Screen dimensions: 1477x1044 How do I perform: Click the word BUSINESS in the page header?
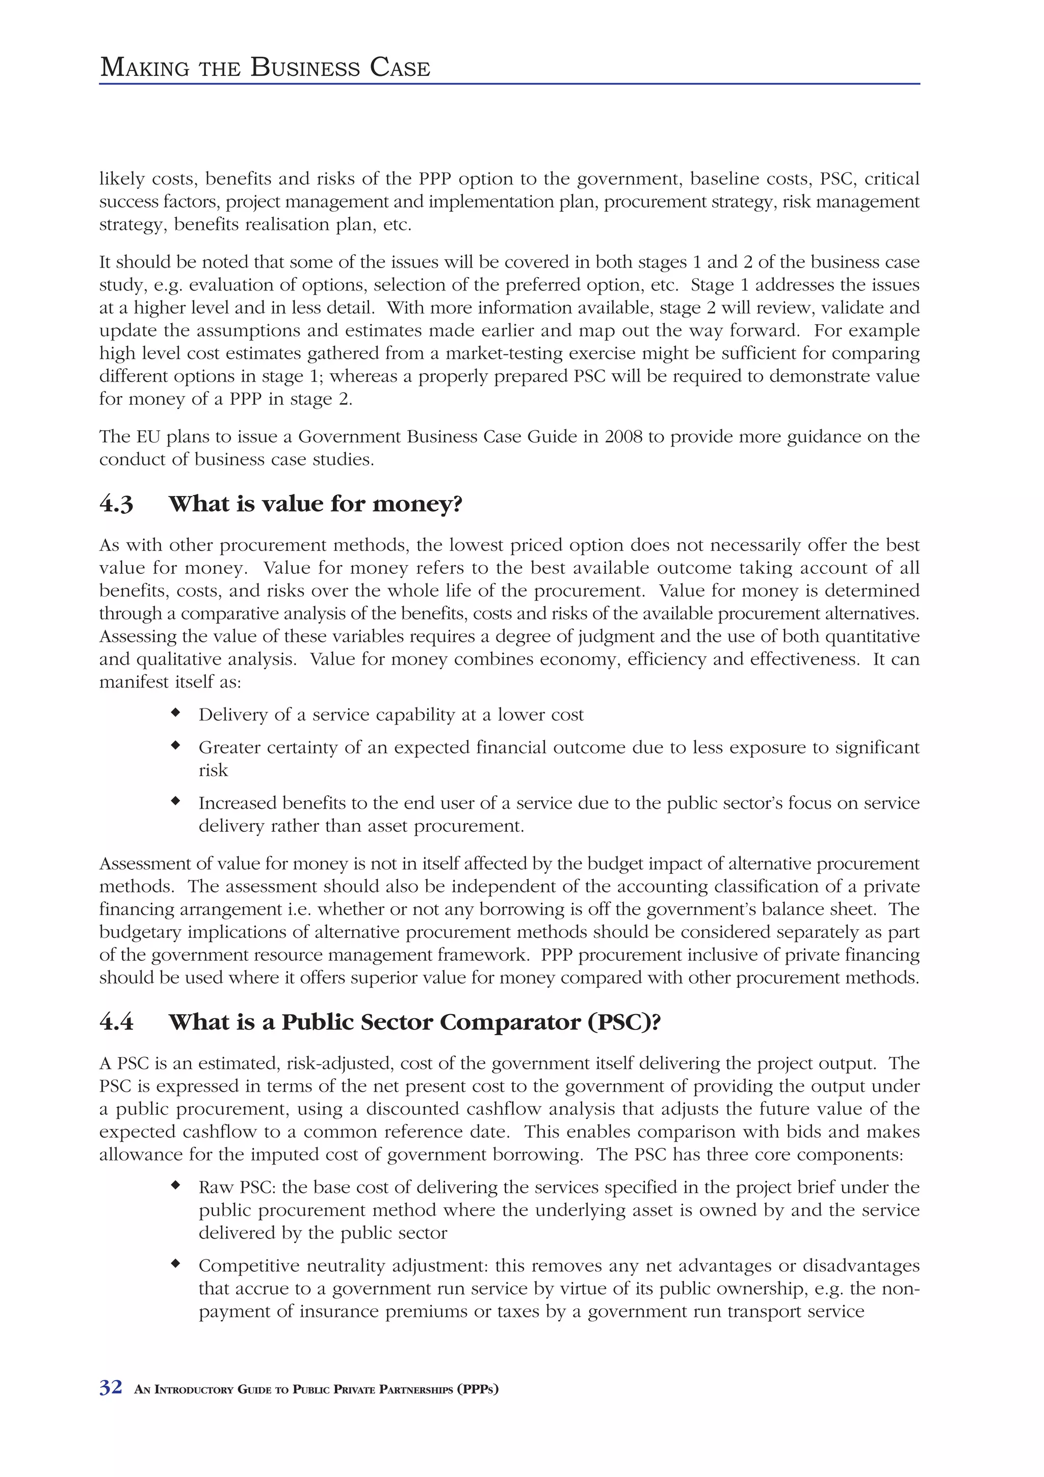[305, 68]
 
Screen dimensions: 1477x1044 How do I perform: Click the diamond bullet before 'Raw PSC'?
[174, 1185]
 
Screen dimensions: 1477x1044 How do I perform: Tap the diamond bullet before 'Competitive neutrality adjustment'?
[174, 1263]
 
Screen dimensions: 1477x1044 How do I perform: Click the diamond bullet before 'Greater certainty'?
[174, 746]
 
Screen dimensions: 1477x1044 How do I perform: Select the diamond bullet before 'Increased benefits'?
[174, 801]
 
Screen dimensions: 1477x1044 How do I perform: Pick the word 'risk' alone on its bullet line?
[213, 771]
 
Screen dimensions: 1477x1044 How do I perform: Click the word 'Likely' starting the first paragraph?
[121, 179]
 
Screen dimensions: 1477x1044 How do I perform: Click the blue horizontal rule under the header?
[509, 84]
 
